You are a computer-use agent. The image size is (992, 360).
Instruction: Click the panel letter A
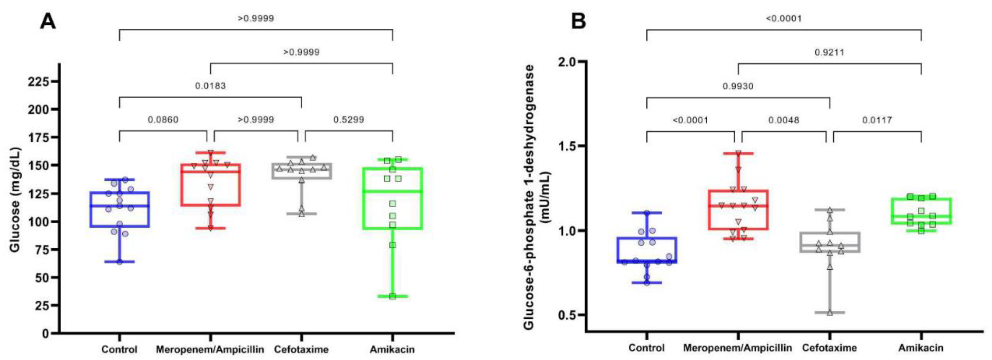pos(48,22)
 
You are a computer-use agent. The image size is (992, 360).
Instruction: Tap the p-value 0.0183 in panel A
pos(210,86)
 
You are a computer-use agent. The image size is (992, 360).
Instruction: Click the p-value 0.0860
pos(163,120)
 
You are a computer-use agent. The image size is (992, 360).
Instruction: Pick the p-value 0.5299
pos(348,120)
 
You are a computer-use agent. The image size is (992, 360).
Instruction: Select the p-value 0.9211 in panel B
pos(829,52)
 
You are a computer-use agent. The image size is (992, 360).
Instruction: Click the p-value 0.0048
pos(784,120)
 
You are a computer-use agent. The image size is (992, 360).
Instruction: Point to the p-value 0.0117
pos(876,120)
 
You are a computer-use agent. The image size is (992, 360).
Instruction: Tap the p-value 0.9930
pos(738,86)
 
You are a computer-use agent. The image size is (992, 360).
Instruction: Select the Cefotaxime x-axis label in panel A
pos(301,350)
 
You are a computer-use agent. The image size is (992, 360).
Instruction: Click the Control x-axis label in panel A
pos(120,350)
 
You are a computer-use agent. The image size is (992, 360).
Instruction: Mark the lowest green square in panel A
pos(392,296)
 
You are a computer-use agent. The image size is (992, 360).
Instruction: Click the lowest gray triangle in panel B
pos(830,313)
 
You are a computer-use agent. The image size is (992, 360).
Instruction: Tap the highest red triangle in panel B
pos(738,153)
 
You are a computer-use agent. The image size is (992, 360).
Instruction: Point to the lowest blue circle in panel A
pos(120,262)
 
